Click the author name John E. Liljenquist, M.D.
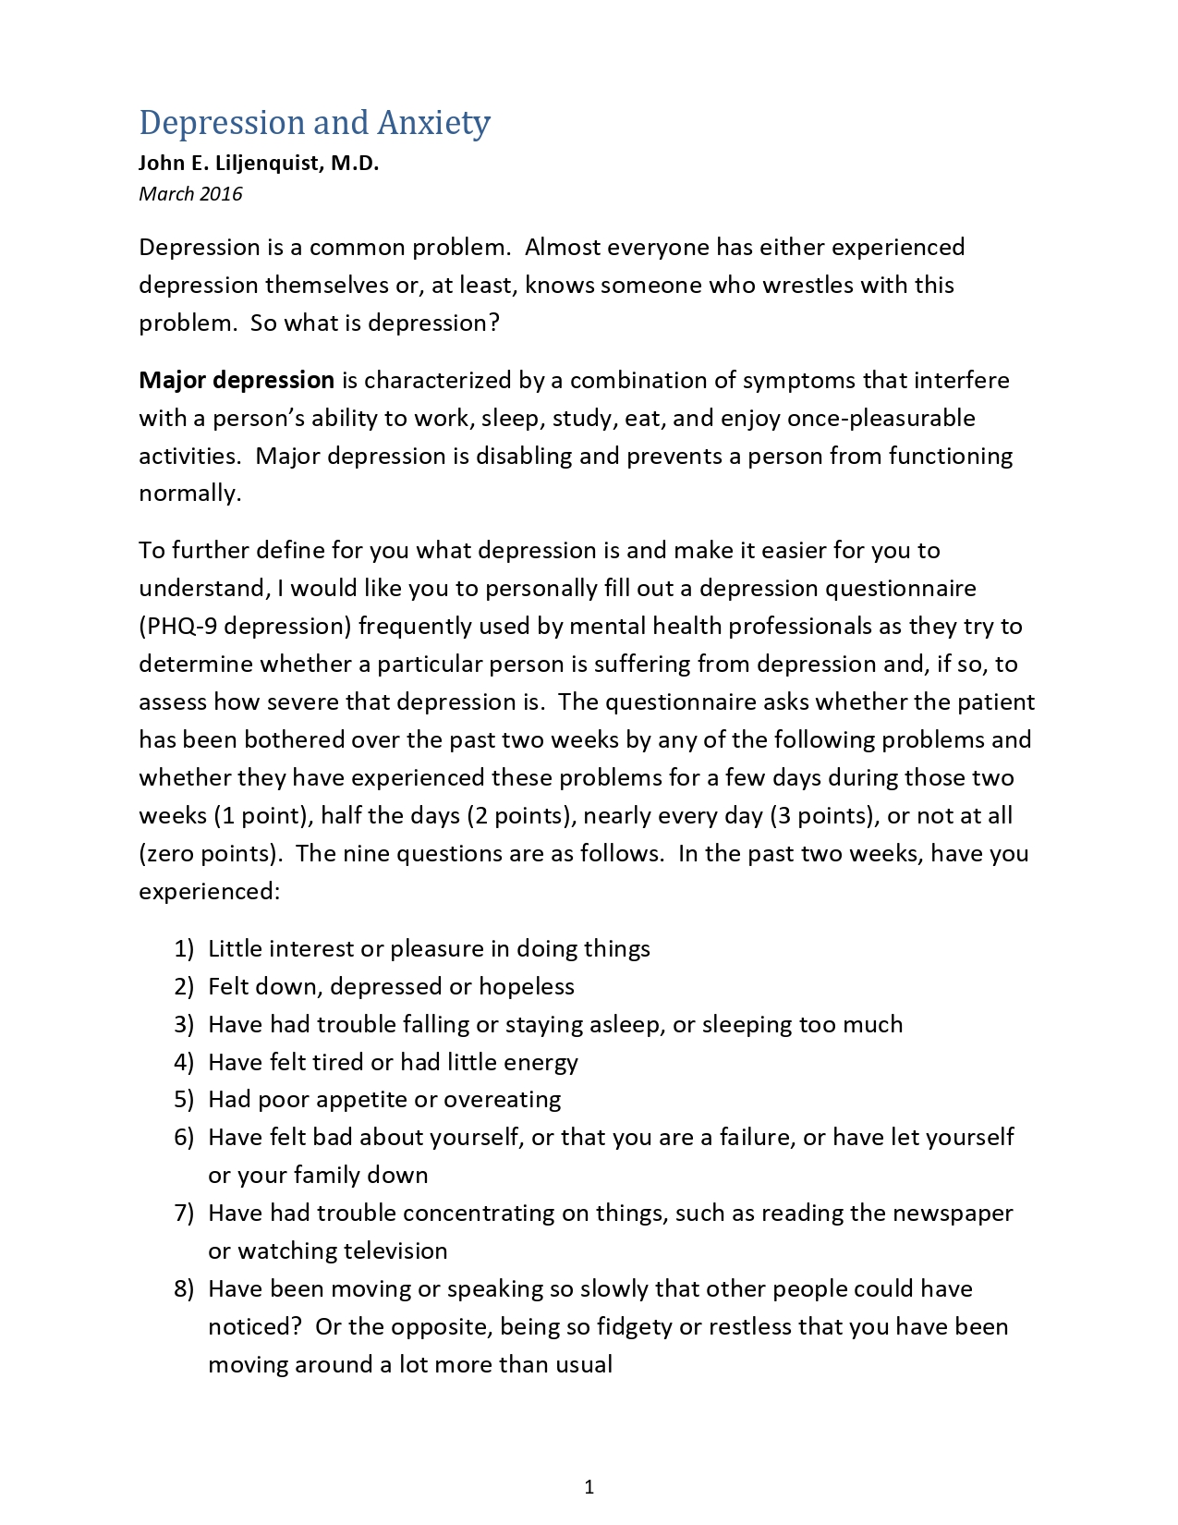tap(259, 164)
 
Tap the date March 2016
tap(190, 194)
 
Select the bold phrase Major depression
tap(237, 380)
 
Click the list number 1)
tap(184, 948)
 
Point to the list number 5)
tap(184, 1099)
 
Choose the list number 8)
tap(184, 1288)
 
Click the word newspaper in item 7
tap(953, 1213)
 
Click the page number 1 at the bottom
tap(589, 1486)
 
